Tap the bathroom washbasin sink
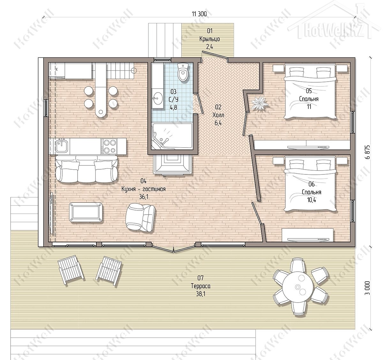(x=158, y=98)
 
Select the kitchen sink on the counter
(x=62, y=146)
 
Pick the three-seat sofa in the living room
(x=86, y=169)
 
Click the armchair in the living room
(x=140, y=217)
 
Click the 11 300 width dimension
(x=199, y=14)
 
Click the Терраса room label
(x=200, y=286)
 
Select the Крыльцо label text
(x=210, y=39)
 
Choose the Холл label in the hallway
(x=218, y=115)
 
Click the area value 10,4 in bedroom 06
(x=312, y=200)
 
